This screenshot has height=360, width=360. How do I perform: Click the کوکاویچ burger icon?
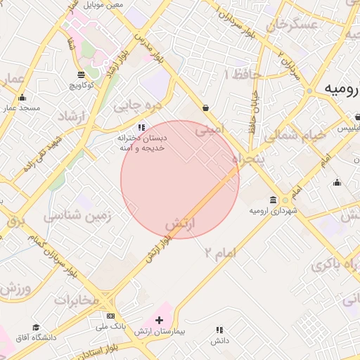[x=82, y=74]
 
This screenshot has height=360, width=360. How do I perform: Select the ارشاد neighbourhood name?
[x=70, y=115]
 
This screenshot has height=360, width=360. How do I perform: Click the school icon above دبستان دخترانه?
[x=141, y=127]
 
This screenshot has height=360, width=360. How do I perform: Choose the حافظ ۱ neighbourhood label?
[x=243, y=74]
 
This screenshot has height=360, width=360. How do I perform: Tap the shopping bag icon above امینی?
[x=205, y=108]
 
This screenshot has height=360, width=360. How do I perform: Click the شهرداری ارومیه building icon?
[x=273, y=200]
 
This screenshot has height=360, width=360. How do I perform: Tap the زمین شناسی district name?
[x=77, y=217]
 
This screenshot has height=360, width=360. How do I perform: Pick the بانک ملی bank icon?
[x=110, y=316]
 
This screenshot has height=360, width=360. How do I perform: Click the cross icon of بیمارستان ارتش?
[x=158, y=320]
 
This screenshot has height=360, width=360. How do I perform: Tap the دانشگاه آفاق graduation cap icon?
[x=36, y=327]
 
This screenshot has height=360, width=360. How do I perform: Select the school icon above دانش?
[x=220, y=329]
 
